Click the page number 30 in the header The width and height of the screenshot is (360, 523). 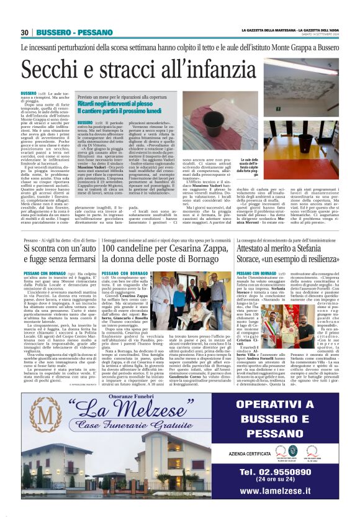click(25, 32)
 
